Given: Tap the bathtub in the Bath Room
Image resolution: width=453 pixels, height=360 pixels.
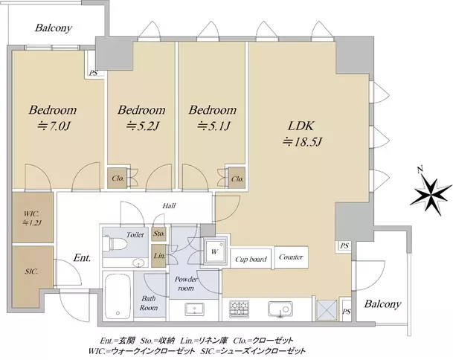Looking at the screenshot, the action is [118, 296].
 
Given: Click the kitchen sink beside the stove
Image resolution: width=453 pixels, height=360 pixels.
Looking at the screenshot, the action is [280, 309].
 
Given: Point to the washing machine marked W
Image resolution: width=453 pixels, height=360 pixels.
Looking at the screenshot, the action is [214, 251].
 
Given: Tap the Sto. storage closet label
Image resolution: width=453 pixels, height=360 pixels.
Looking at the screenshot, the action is [158, 233].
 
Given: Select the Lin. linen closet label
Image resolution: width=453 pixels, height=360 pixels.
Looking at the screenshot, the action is [159, 256].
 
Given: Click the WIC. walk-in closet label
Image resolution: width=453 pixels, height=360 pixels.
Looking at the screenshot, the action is [31, 214].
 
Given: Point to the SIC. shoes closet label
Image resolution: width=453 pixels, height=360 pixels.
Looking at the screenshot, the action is [31, 271].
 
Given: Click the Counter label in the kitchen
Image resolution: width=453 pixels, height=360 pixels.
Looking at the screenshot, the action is [291, 257].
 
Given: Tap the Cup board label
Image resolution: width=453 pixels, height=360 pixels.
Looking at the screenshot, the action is [251, 259].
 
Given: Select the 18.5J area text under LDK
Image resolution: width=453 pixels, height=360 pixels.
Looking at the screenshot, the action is [302, 142].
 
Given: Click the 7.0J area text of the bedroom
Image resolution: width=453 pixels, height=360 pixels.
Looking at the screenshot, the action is [54, 126].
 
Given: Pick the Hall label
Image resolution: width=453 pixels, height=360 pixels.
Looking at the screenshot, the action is [169, 206].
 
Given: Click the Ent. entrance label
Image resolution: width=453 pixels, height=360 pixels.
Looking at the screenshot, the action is [82, 257].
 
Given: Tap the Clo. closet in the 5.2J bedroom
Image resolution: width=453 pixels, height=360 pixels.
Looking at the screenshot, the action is [118, 179].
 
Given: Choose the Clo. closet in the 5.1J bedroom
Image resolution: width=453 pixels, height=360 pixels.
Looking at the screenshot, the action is [237, 179].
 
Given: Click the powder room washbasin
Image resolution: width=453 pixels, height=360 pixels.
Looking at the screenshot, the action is [194, 309].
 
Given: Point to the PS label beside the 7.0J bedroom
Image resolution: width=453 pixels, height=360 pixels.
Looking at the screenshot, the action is [93, 73].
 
